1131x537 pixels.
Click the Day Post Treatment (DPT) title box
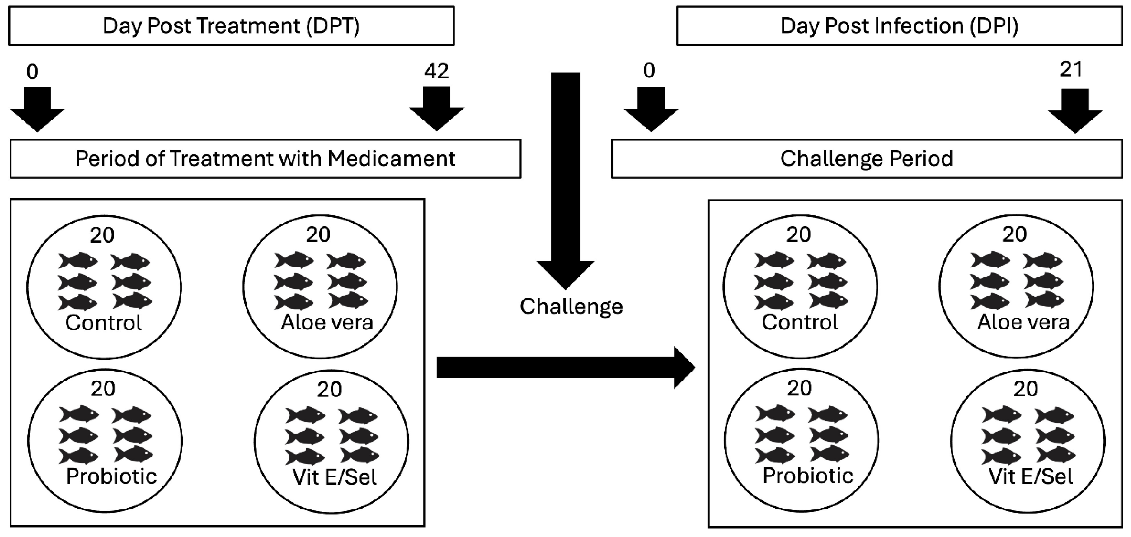[x=231, y=25]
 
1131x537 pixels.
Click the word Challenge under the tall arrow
[x=571, y=306]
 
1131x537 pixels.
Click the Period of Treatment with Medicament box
[x=265, y=159]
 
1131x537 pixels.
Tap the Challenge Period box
[x=866, y=159]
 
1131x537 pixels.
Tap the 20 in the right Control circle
[x=798, y=235]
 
